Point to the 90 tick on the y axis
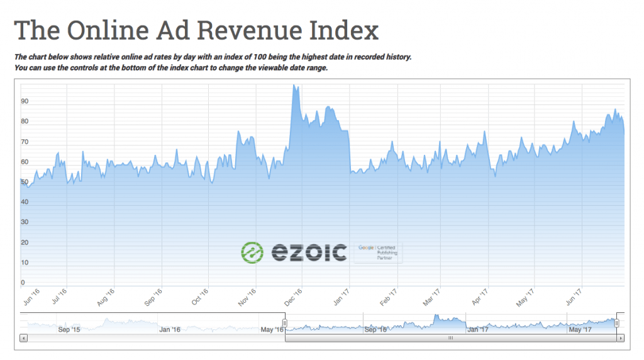[25, 101]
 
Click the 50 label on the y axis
[25, 182]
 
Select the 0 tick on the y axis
[23, 283]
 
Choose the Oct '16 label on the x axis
[200, 297]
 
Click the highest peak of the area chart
[294, 86]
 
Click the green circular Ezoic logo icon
[252, 252]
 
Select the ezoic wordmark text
[309, 253]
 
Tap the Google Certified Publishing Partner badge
[378, 252]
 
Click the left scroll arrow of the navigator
[24, 338]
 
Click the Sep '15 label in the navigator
[69, 329]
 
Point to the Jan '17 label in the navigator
[477, 329]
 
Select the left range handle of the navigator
[285, 323]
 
